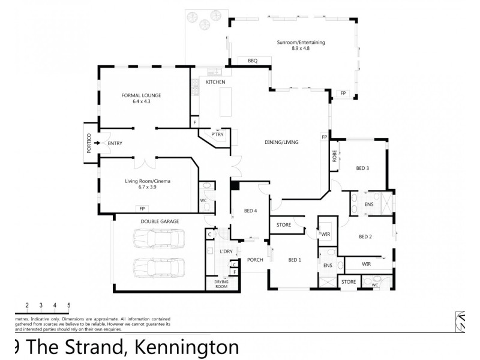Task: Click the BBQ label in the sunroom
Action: [x=245, y=61]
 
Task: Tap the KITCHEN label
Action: [x=215, y=82]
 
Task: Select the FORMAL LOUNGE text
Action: [x=141, y=95]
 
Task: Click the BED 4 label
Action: [x=251, y=211]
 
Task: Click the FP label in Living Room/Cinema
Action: [x=142, y=209]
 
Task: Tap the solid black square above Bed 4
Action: [x=235, y=186]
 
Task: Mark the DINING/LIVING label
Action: [x=281, y=142]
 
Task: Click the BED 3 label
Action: [x=362, y=168]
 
